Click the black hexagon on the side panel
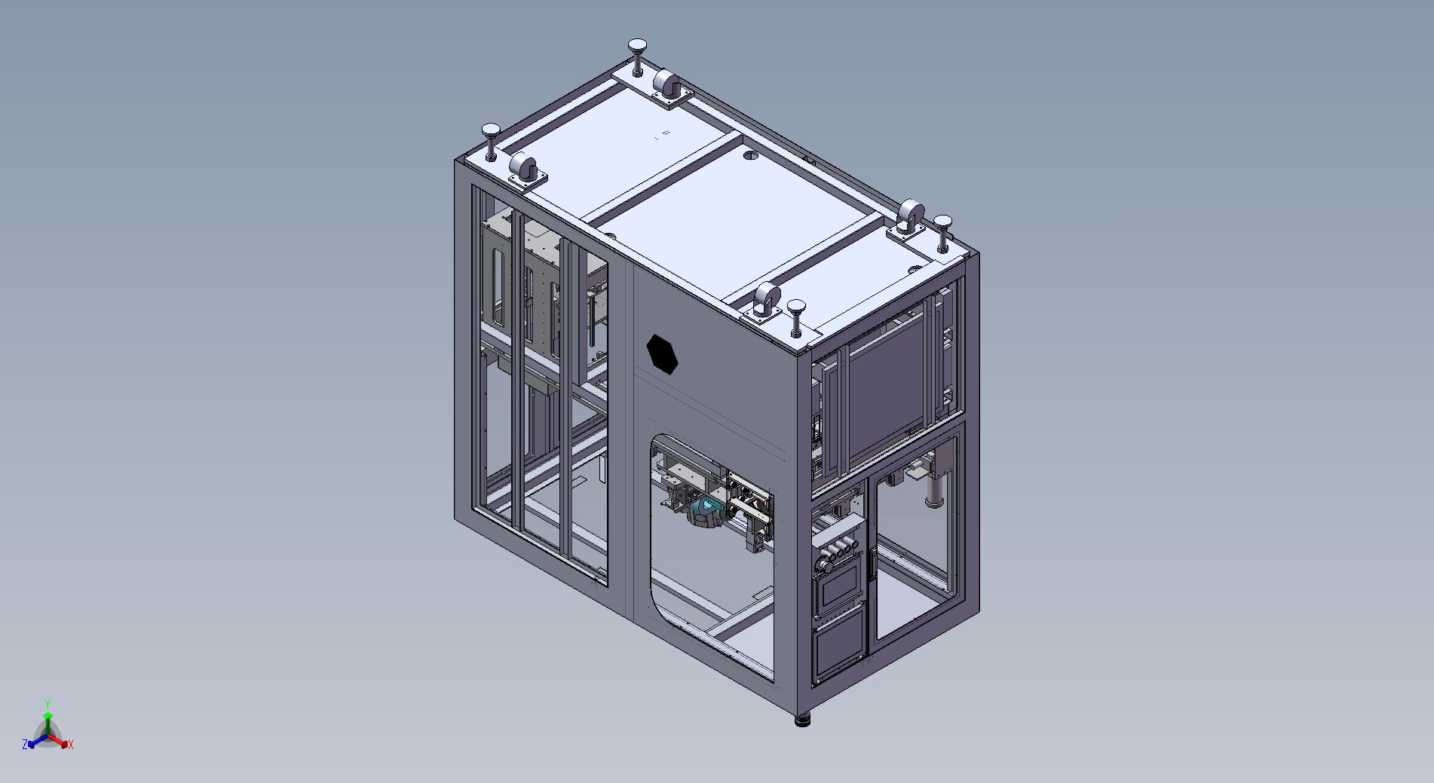click(x=663, y=353)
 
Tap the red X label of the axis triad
click(x=71, y=745)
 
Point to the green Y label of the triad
click(x=47, y=704)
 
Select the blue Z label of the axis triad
click(x=25, y=744)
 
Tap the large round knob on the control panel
click(x=823, y=564)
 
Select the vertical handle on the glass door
click(x=873, y=564)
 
